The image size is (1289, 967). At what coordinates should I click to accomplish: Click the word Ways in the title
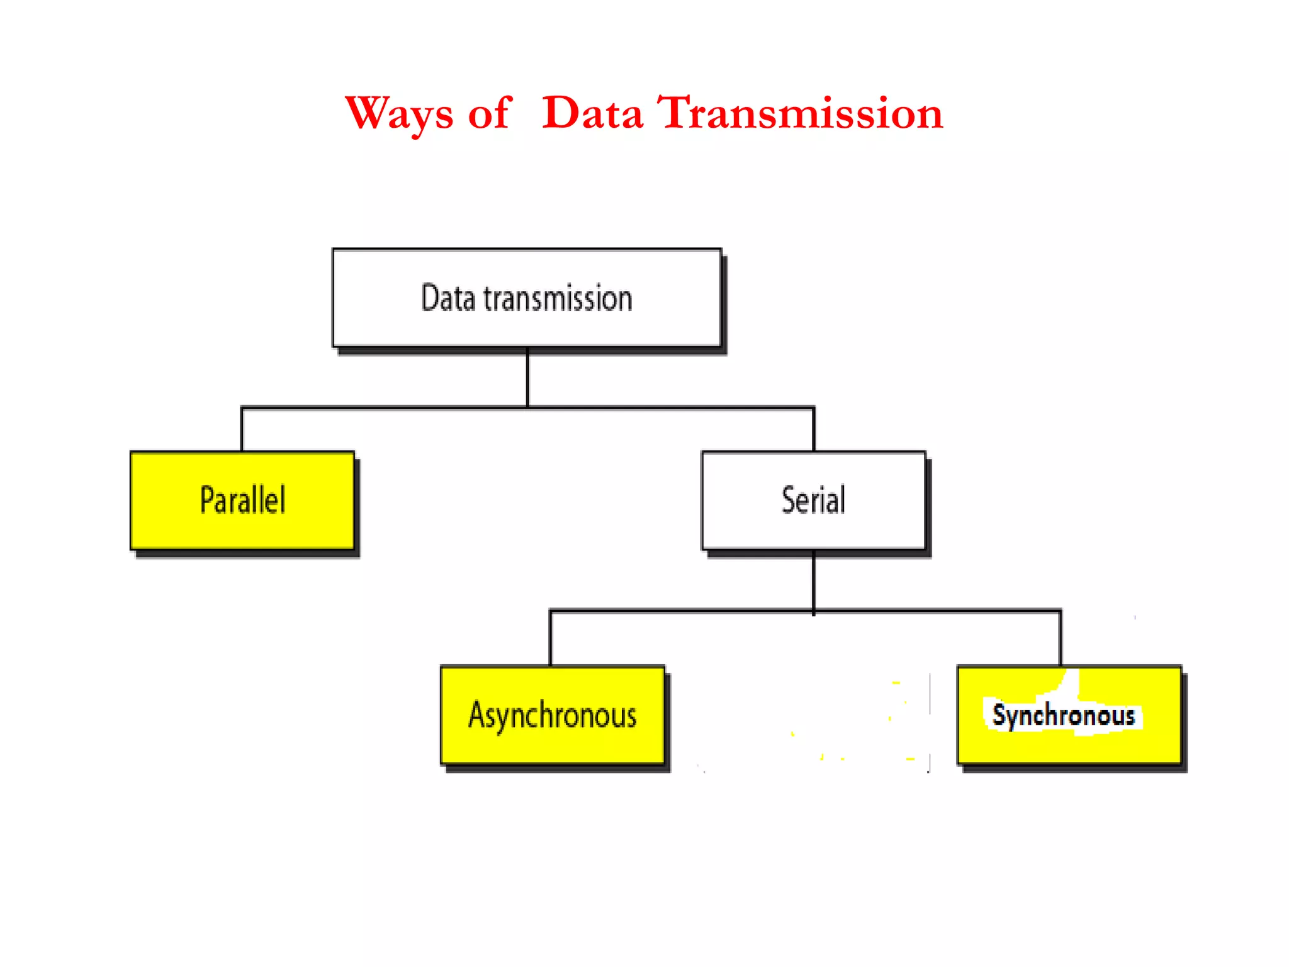pos(399,114)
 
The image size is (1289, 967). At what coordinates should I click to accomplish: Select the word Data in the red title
pos(592,114)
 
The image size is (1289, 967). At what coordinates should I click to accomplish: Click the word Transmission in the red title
pos(800,114)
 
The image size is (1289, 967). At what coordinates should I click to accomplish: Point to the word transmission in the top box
pos(558,298)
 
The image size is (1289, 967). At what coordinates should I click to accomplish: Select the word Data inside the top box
pos(447,298)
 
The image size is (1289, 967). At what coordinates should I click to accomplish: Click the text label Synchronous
pos(1063,716)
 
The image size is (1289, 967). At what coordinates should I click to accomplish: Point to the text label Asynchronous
pos(552,716)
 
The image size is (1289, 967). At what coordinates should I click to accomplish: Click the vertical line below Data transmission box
pos(527,378)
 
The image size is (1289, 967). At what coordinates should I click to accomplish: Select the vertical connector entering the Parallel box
pos(242,430)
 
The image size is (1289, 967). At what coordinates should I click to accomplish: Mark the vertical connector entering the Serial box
pos(814,430)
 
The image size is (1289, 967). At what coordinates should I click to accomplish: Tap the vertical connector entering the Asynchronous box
pos(551,638)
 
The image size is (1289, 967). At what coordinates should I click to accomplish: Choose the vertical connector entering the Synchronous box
pos(1061,638)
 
